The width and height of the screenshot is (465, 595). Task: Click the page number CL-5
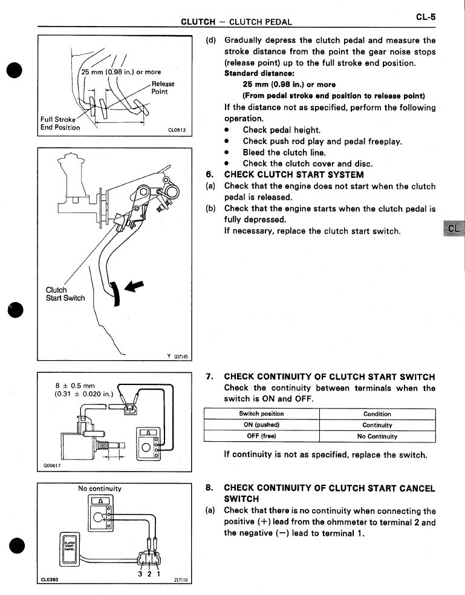pyautogui.click(x=426, y=18)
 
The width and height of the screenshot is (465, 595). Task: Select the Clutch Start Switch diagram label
pyautogui.click(x=65, y=294)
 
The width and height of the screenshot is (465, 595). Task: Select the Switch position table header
pyautogui.click(x=261, y=414)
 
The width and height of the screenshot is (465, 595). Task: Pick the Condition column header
pyautogui.click(x=377, y=414)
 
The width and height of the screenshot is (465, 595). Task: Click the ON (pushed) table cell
pyautogui.click(x=261, y=425)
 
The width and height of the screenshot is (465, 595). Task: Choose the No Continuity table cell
pyautogui.click(x=377, y=436)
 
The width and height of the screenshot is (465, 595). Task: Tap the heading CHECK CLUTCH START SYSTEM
pyautogui.click(x=294, y=175)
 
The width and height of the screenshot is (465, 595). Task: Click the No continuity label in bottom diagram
pyautogui.click(x=100, y=488)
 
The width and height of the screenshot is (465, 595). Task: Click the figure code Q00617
pyautogui.click(x=53, y=465)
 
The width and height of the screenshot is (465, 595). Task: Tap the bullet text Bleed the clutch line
pyautogui.click(x=284, y=153)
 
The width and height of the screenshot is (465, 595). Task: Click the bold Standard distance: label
pyautogui.click(x=253, y=73)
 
